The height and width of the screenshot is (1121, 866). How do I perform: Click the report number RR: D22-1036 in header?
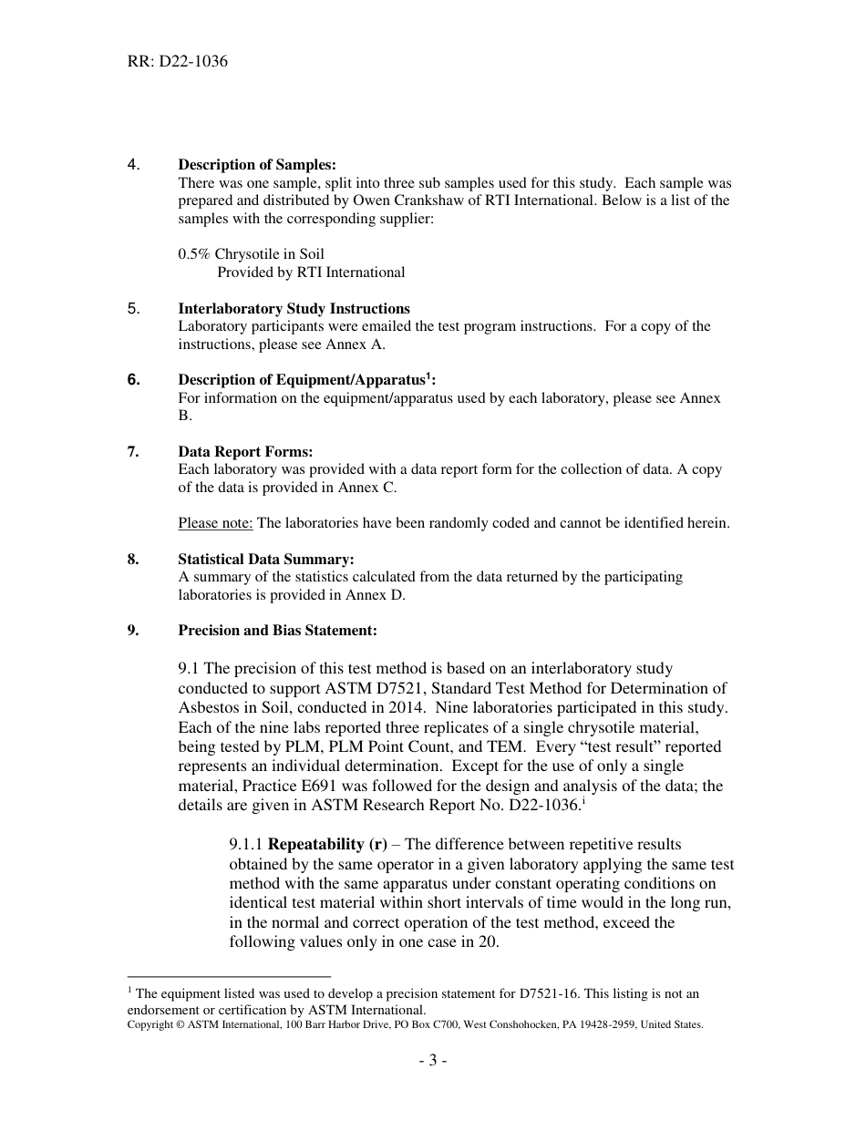178,63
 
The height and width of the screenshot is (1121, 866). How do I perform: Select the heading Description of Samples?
256,165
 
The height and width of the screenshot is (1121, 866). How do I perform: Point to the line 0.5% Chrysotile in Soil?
251,254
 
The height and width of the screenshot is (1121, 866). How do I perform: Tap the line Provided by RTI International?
311,273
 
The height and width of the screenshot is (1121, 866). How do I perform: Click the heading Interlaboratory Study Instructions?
294,308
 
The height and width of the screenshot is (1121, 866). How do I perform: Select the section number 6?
133,380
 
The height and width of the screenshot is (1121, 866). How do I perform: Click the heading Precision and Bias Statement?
277,631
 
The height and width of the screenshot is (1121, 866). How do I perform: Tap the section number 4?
133,165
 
